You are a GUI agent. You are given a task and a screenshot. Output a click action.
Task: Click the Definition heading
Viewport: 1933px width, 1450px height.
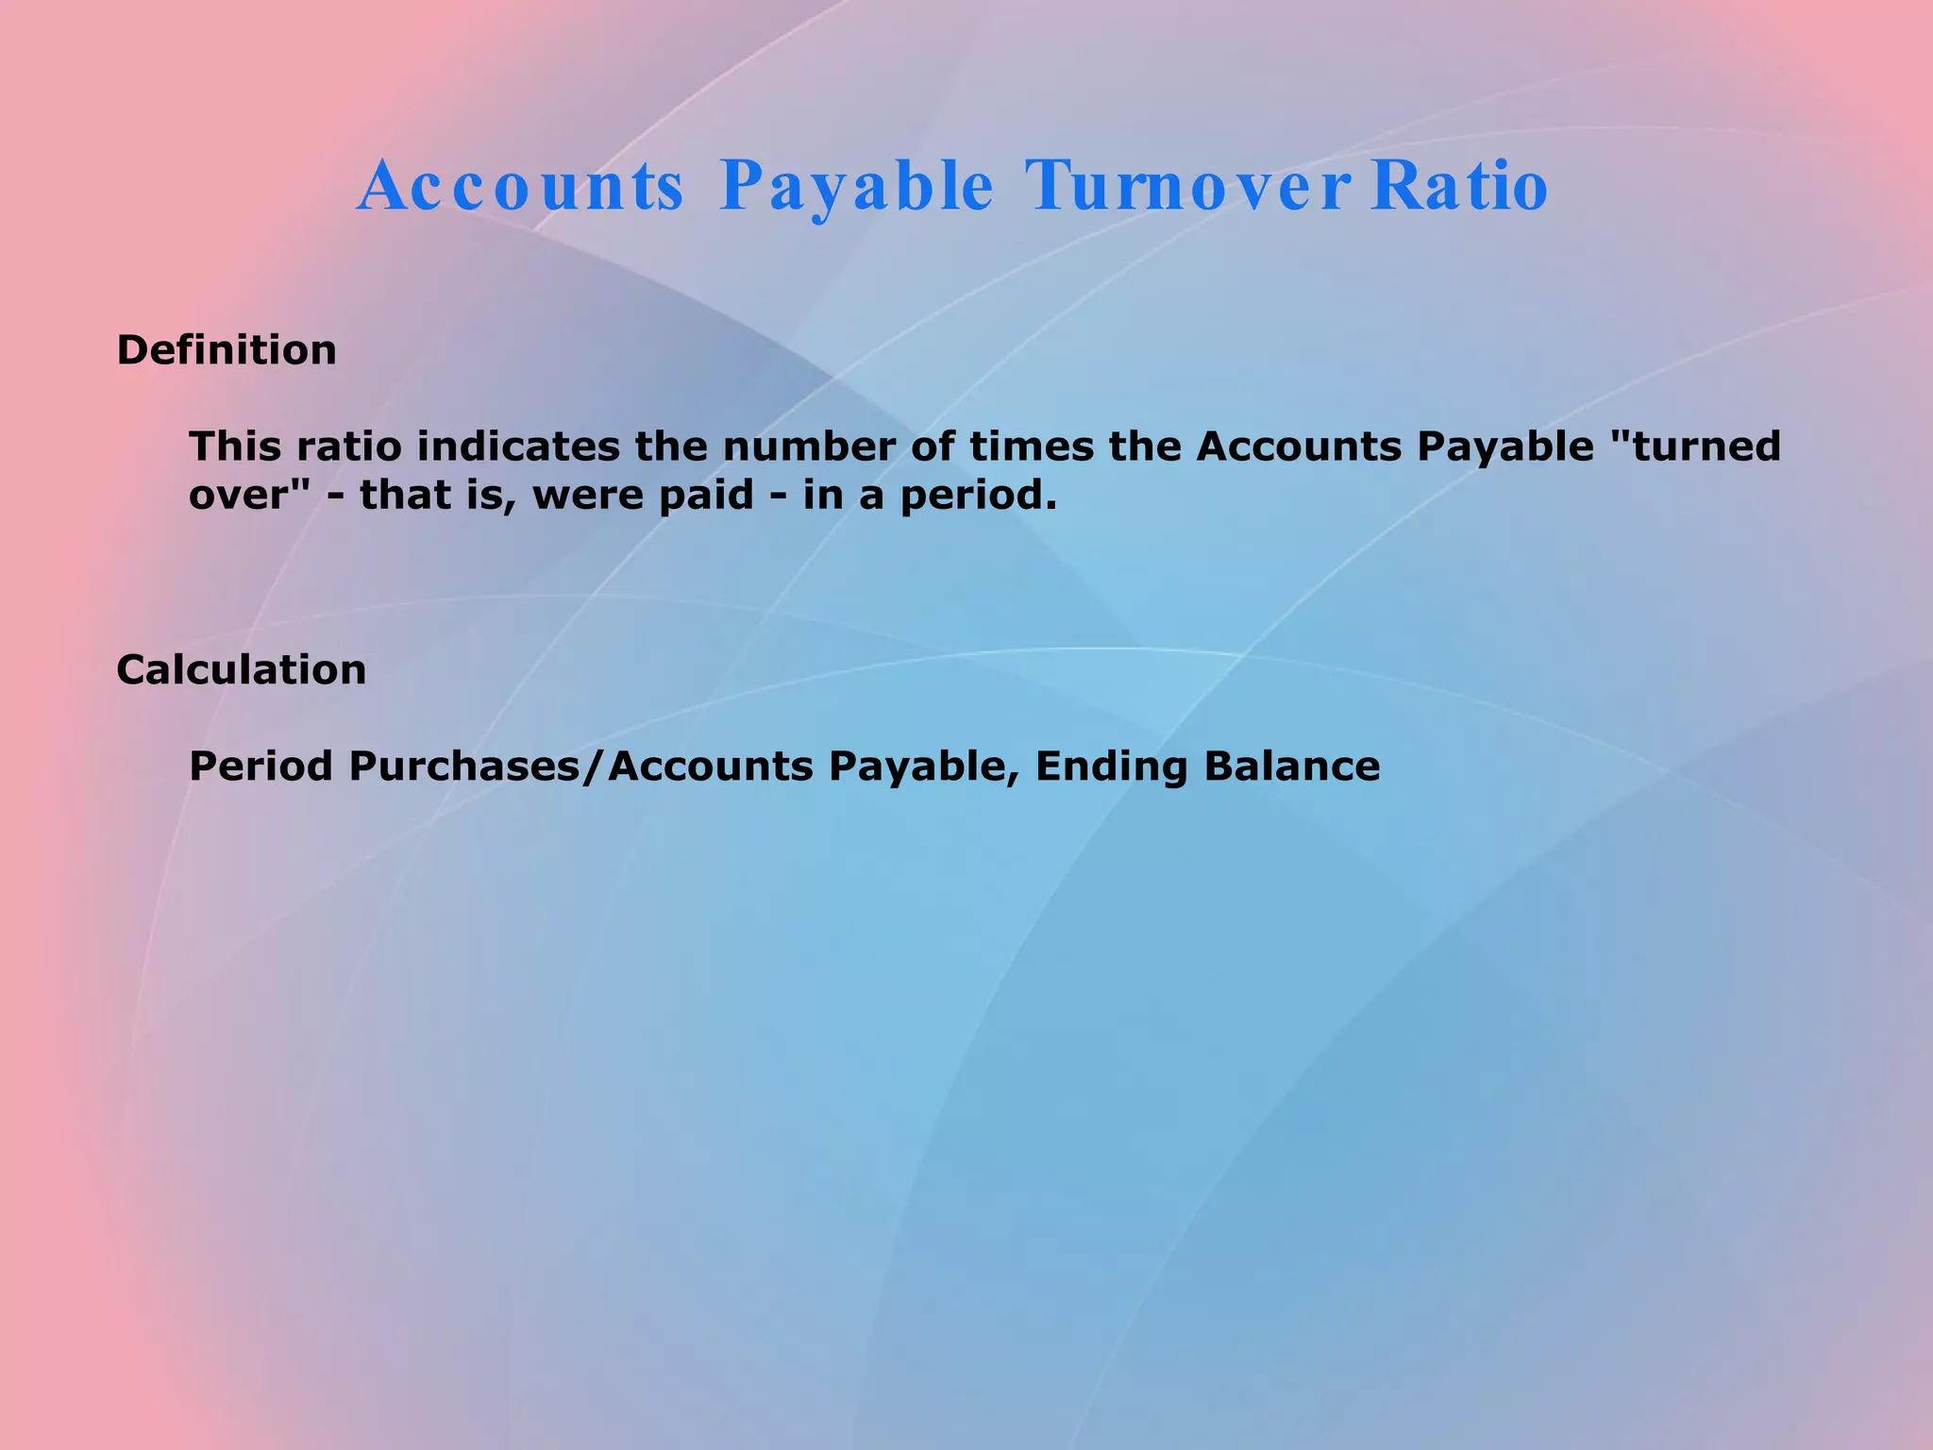click(x=227, y=350)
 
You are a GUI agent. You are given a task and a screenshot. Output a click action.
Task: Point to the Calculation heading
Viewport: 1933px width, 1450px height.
click(x=242, y=670)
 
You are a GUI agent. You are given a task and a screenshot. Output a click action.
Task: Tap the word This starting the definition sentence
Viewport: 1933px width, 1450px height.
click(x=236, y=447)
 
